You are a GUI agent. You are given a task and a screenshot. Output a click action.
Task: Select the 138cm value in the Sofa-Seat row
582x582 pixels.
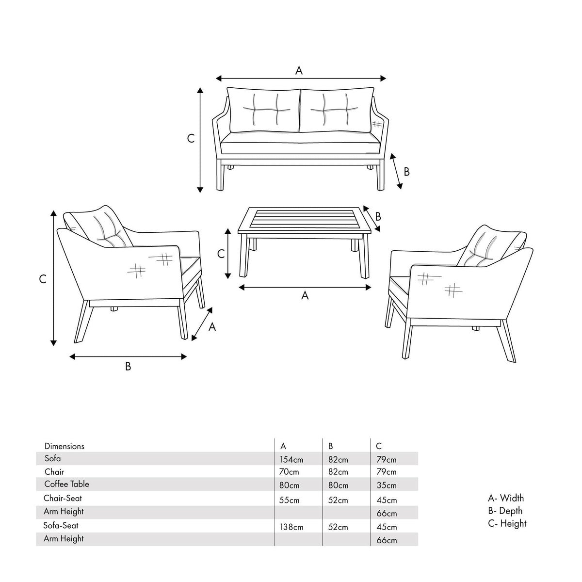click(291, 527)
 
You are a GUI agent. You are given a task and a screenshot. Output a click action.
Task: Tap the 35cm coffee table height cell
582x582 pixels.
click(387, 485)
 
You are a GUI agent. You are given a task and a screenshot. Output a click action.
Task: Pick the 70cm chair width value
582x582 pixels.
click(290, 472)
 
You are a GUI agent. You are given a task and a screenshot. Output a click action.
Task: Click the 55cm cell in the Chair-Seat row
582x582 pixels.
click(290, 500)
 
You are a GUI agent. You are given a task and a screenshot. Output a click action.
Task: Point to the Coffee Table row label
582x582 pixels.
click(66, 484)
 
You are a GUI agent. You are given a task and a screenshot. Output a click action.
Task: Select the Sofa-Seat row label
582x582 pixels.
click(61, 525)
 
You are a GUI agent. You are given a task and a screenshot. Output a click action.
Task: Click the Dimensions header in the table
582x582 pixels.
click(64, 446)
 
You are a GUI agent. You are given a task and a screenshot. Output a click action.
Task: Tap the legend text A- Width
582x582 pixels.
click(506, 498)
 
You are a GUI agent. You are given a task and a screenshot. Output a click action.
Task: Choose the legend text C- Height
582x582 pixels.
click(507, 524)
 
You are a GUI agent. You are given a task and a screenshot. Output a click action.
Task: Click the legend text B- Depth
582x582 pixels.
click(505, 511)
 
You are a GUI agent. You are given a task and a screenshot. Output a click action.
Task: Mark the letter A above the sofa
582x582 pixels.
click(299, 71)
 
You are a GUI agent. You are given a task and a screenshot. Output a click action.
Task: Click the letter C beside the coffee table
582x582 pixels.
click(221, 254)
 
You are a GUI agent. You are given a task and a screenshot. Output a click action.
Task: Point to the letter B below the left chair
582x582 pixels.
click(128, 367)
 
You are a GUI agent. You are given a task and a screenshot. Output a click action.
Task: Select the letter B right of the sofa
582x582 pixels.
click(406, 172)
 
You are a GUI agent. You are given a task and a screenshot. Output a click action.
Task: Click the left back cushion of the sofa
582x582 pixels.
click(264, 110)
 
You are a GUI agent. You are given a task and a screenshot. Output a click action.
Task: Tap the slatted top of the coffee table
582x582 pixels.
click(305, 221)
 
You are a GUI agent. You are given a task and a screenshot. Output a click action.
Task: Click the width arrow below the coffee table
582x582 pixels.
click(305, 287)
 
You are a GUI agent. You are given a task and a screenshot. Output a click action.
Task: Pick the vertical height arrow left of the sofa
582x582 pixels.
click(200, 140)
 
